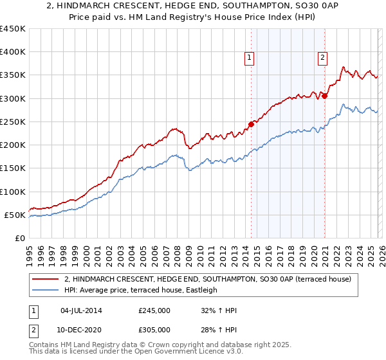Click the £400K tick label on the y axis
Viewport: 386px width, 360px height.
pyautogui.click(x=13, y=52)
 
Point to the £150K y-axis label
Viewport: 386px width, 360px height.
pyautogui.click(x=13, y=168)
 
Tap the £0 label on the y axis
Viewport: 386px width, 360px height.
pyautogui.click(x=21, y=238)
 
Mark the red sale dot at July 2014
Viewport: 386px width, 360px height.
pyautogui.click(x=251, y=125)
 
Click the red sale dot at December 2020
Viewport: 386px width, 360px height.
pyautogui.click(x=325, y=96)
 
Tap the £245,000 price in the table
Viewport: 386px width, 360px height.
pyautogui.click(x=154, y=310)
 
